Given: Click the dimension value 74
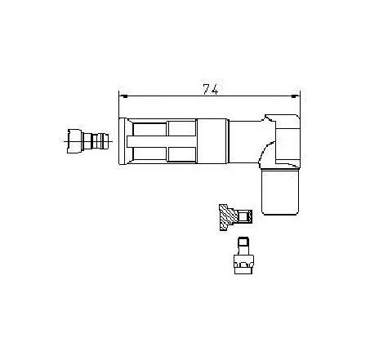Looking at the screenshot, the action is click(x=211, y=89).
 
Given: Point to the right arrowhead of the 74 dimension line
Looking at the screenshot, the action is click(x=295, y=96).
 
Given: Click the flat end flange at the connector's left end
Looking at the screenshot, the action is click(x=122, y=141).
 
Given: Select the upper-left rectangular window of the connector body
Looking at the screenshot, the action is click(x=150, y=129).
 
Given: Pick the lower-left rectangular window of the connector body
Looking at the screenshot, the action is click(x=150, y=153).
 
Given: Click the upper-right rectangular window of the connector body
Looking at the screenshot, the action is click(x=182, y=128).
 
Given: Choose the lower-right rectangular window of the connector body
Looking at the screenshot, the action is click(x=182, y=154).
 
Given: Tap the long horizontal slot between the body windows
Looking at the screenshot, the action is click(x=162, y=141).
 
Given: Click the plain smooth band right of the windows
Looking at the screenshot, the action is click(x=212, y=141).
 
